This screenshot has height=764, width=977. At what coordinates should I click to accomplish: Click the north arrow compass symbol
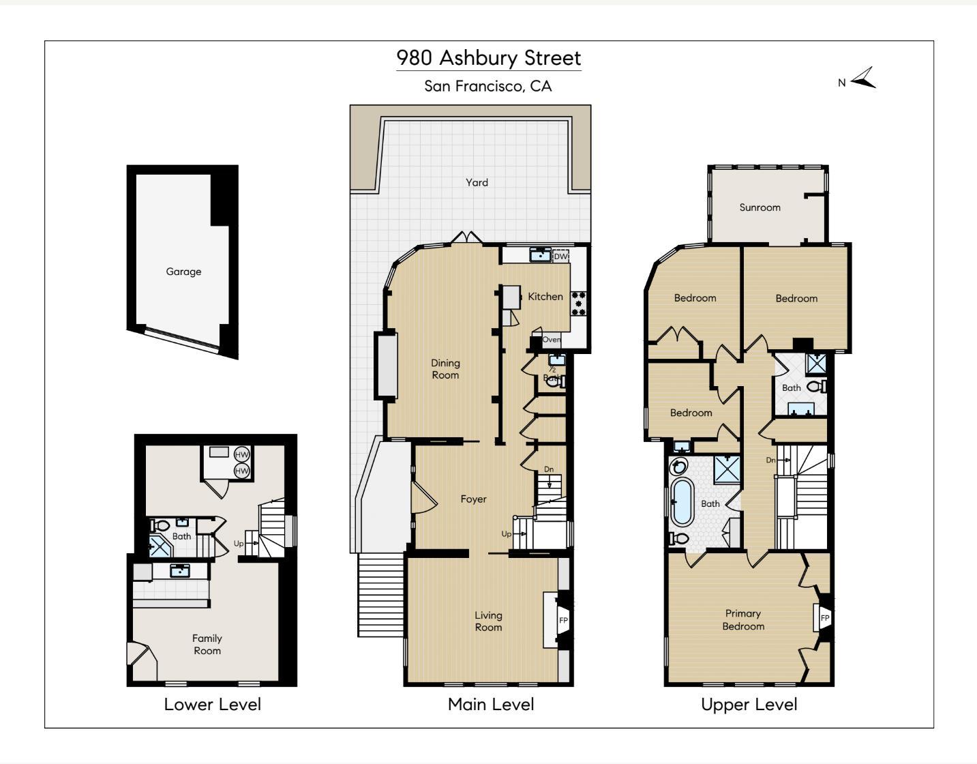tap(862, 78)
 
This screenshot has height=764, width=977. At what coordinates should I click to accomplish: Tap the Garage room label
tap(183, 271)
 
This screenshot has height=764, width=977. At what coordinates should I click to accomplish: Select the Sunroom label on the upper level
tap(760, 207)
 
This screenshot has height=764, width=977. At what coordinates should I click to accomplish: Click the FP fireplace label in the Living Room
tap(563, 620)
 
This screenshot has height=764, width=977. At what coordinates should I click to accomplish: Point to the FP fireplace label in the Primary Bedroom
tap(824, 618)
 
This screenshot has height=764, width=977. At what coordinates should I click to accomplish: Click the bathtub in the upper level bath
tap(682, 502)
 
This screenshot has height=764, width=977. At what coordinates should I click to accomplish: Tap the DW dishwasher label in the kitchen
tap(560, 256)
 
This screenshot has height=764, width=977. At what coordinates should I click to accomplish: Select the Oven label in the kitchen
tap(551, 340)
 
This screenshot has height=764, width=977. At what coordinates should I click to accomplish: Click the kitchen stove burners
tap(579, 304)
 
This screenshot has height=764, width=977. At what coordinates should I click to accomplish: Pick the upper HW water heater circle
tap(241, 454)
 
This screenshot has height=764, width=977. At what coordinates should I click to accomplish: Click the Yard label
tap(477, 182)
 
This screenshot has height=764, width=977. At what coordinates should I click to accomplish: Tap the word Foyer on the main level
tap(473, 499)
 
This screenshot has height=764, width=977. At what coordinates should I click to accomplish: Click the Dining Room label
tap(445, 369)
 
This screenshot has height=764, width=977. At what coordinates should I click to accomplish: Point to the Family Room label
tap(207, 644)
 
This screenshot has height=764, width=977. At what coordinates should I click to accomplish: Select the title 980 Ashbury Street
tap(489, 58)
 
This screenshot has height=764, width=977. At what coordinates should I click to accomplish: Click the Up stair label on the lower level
tap(239, 544)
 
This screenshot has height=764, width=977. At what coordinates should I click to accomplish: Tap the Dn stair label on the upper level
tap(770, 460)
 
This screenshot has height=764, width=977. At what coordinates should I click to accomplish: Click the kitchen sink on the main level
tap(540, 255)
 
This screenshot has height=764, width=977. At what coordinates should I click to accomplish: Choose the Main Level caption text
tap(491, 704)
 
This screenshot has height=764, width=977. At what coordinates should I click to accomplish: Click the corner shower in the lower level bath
tap(160, 546)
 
